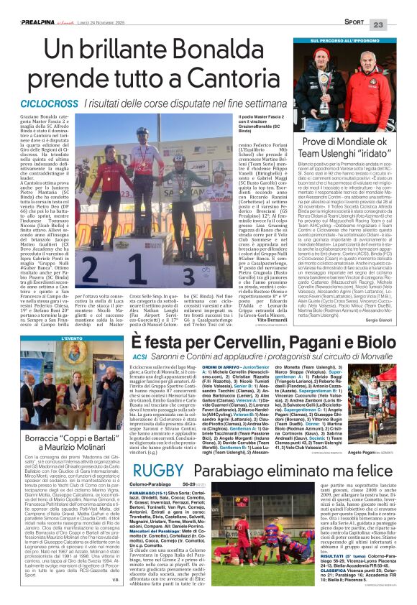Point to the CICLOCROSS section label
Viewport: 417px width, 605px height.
click(x=35, y=103)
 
